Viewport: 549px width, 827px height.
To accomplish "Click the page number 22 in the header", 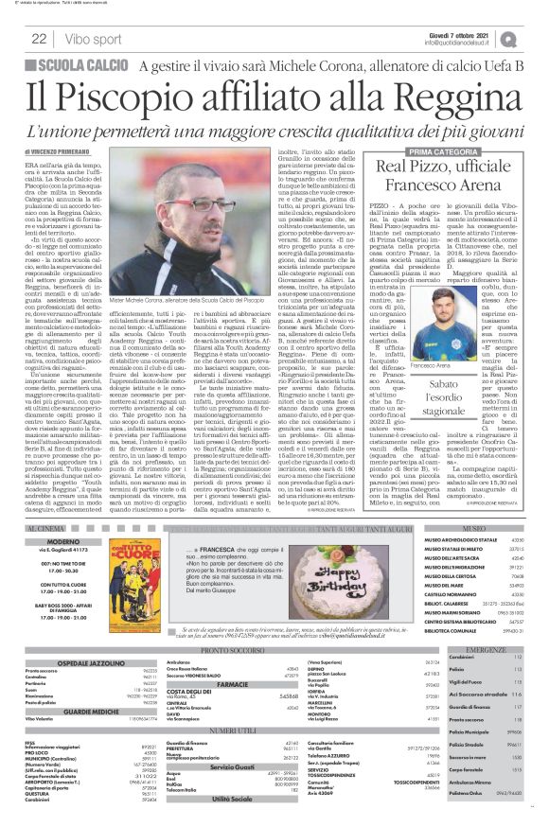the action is point(39,39).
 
